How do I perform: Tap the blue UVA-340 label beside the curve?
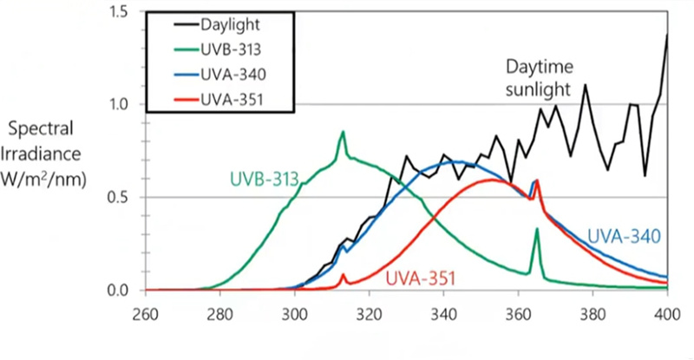click(x=625, y=235)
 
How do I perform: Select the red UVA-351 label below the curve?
click(x=420, y=278)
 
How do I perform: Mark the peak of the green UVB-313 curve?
click(x=343, y=132)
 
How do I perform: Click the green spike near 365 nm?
click(x=537, y=229)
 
